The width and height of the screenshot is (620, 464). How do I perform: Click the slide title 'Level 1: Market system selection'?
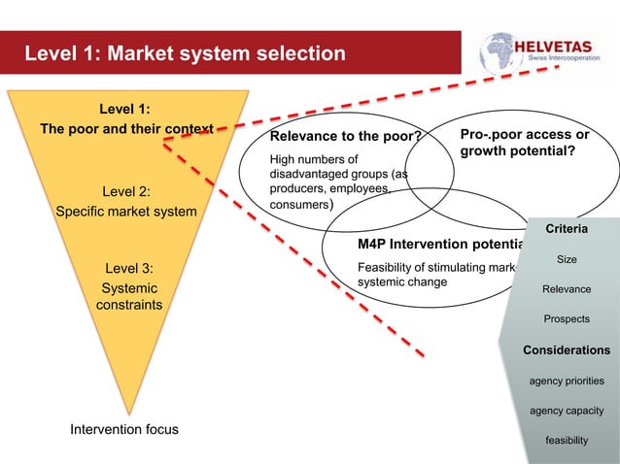coord(185,52)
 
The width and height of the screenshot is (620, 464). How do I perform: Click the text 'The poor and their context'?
coord(126,129)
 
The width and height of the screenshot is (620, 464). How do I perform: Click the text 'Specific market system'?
coord(126,211)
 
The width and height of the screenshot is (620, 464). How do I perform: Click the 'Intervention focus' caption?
coord(124,428)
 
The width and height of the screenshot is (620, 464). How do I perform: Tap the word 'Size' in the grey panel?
coord(566,259)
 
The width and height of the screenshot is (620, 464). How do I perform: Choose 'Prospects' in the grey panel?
coord(566,318)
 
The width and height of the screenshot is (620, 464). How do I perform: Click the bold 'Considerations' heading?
coord(566,349)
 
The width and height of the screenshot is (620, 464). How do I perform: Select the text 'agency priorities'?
coord(566,381)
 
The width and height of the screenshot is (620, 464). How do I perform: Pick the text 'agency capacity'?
coord(566,411)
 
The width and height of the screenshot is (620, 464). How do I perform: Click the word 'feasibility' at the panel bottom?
coord(566,441)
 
